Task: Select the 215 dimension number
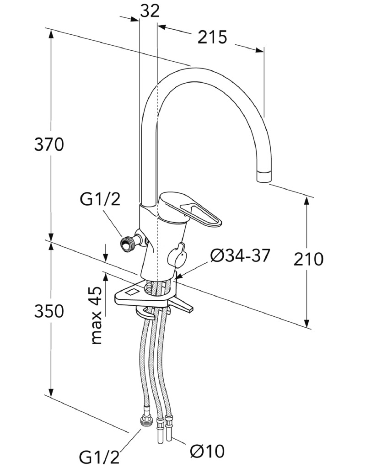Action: (212, 37)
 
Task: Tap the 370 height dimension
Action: (49, 144)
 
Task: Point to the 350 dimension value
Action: (49, 311)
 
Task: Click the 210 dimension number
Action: (308, 259)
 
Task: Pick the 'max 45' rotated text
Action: (97, 315)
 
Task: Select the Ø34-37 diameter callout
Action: (240, 255)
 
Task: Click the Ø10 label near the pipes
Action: (207, 451)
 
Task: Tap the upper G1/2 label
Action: (100, 199)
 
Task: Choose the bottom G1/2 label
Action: (99, 457)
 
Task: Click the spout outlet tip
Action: (264, 176)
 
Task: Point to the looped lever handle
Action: (191, 210)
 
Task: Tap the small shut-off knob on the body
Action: (177, 255)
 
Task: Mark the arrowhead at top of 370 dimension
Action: (51, 34)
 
